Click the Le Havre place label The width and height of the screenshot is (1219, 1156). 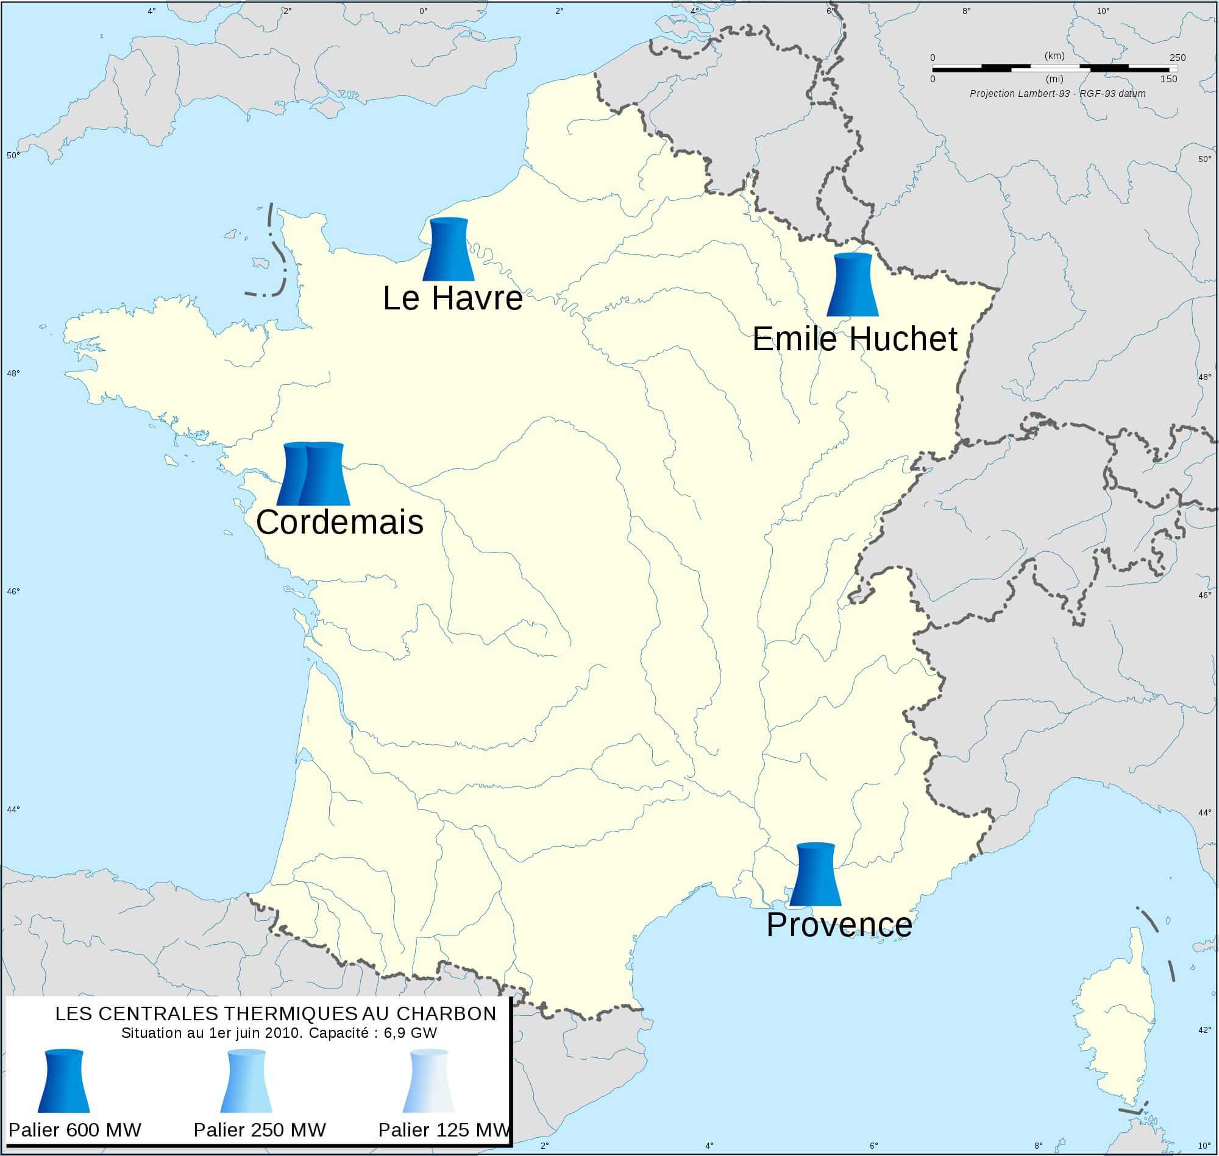[x=453, y=299]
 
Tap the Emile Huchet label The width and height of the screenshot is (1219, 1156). [x=855, y=339]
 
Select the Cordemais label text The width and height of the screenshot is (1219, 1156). [x=339, y=523]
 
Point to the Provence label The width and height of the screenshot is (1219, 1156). [x=839, y=925]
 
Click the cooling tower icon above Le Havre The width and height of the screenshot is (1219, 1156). [x=448, y=249]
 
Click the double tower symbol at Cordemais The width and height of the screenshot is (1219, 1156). [x=313, y=474]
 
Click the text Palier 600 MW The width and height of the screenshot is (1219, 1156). [x=74, y=1129]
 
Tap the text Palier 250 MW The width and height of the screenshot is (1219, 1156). [x=260, y=1129]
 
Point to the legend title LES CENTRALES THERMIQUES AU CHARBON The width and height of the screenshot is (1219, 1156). [x=275, y=1013]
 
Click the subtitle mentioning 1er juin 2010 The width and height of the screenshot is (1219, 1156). [x=279, y=1033]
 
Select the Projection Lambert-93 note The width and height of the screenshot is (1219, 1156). [x=1057, y=94]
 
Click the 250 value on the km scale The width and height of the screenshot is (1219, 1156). [x=1177, y=58]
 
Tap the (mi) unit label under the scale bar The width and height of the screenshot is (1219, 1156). [x=1055, y=79]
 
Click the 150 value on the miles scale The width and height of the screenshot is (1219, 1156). [x=1168, y=79]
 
